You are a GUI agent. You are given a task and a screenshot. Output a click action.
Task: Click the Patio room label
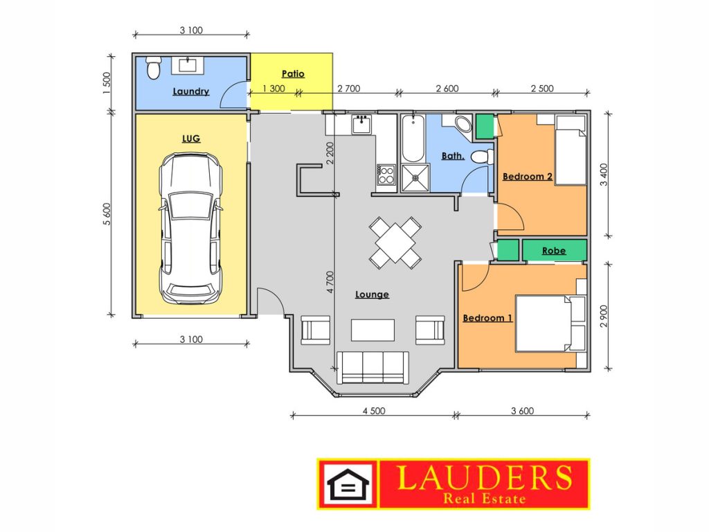293,73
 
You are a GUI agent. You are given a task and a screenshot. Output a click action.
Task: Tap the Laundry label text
191,91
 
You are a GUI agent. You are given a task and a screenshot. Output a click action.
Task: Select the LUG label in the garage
191,139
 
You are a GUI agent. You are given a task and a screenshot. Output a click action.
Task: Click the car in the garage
191,229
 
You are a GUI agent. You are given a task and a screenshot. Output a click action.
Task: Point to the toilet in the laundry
154,68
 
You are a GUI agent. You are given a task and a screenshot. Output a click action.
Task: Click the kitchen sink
361,124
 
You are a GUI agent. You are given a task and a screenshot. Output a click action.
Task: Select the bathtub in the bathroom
413,139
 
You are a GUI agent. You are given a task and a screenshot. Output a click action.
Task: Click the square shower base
415,178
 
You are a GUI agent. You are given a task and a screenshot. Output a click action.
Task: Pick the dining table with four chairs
395,243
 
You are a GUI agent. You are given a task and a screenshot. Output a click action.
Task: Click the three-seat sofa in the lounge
373,368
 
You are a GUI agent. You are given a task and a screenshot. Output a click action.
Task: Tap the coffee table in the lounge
373,330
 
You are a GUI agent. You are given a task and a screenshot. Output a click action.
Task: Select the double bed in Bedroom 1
550,323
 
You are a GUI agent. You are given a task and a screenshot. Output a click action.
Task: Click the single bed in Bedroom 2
571,150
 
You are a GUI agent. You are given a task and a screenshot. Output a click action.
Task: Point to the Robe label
554,251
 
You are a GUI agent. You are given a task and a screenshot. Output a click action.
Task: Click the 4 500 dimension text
374,411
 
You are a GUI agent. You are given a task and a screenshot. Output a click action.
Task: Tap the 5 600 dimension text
107,214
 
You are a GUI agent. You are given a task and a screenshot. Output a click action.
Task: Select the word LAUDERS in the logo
485,478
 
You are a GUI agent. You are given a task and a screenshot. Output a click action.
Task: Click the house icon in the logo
348,485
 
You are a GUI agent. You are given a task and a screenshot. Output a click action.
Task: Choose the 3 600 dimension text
522,411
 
